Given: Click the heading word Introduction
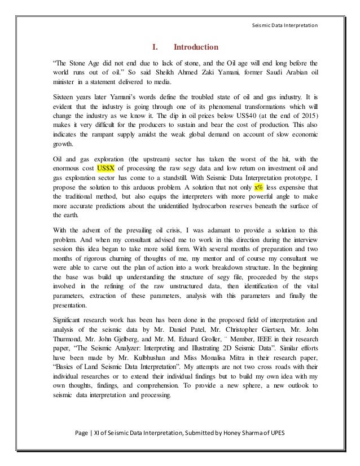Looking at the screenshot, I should point(195,47).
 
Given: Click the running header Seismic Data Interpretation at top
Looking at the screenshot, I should point(288,24).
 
